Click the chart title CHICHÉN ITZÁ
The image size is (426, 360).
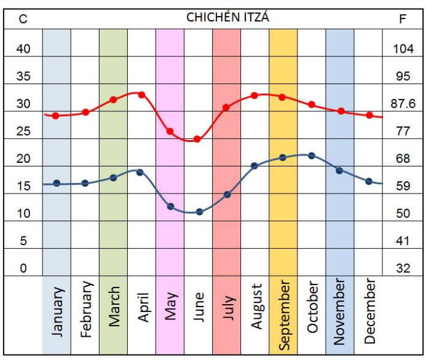click(227, 18)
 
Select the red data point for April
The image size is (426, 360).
click(141, 95)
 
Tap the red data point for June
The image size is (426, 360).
click(197, 139)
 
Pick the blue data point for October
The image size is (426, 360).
click(311, 155)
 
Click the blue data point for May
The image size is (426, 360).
click(170, 206)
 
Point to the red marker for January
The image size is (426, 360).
click(55, 115)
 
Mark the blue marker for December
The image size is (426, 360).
click(369, 181)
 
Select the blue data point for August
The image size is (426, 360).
click(254, 166)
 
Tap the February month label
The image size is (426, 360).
click(85, 310)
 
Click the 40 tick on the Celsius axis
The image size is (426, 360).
click(23, 49)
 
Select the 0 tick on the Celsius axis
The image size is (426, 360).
click(23, 268)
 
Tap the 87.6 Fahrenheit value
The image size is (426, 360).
click(403, 104)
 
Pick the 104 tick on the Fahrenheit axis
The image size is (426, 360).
click(403, 49)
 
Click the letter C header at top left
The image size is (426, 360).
click(23, 19)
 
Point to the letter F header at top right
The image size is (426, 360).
click(403, 19)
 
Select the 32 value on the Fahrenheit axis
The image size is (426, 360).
click(403, 268)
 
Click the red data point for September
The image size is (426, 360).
click(282, 97)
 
